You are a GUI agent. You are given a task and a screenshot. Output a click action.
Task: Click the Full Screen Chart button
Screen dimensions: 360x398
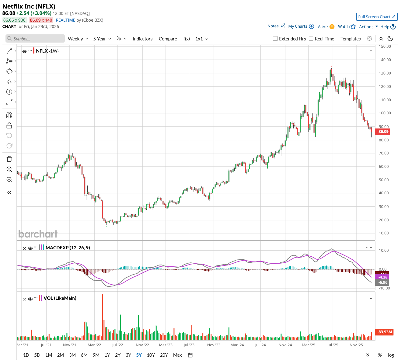tap(377, 17)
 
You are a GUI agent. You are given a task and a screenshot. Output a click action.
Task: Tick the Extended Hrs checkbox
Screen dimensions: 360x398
tap(275, 39)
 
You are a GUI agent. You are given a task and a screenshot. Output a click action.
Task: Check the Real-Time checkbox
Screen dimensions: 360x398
tap(311, 39)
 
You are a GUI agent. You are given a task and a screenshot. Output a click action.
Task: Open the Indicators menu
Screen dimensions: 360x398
tap(142, 39)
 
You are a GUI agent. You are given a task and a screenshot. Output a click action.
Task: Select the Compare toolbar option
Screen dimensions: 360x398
tap(168, 39)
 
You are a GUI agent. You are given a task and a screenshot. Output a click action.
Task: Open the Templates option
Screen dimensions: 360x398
tap(351, 39)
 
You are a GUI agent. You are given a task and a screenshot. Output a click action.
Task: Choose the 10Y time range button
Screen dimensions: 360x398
tap(151, 355)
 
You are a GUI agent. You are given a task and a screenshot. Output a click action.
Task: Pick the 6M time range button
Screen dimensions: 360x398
tap(84, 355)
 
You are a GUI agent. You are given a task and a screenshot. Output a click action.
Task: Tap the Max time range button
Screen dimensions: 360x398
tap(177, 355)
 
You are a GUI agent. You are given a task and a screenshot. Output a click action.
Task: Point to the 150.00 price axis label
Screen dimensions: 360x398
tap(385, 47)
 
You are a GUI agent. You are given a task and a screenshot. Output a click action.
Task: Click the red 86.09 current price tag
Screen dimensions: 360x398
tap(383, 132)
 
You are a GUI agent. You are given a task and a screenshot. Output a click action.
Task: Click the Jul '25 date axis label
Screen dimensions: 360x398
tap(333, 345)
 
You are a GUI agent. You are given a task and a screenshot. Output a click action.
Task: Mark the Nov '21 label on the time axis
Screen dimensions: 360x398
tap(70, 345)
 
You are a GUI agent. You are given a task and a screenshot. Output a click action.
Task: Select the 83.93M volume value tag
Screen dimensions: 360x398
tap(385, 332)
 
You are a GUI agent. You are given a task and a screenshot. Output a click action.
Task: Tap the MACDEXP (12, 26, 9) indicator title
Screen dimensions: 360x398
tap(68, 247)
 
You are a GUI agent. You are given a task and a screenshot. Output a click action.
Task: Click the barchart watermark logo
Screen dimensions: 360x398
tap(38, 234)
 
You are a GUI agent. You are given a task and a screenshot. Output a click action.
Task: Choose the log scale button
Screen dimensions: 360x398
tap(391, 355)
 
